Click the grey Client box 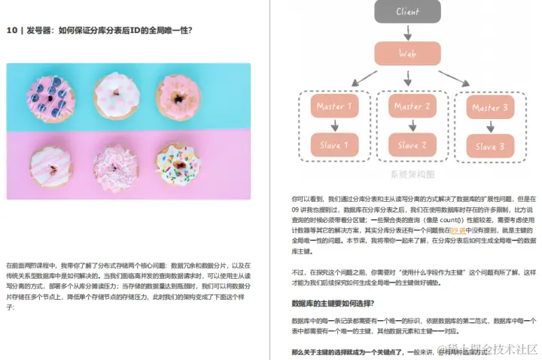coord(407,12)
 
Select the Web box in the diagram coord(407,54)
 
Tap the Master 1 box coord(334,107)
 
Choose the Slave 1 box coord(334,144)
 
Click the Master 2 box coord(407,107)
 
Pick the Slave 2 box coord(407,144)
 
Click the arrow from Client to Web coord(407,32)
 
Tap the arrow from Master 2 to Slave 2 coord(407,126)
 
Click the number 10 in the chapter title coord(11,31)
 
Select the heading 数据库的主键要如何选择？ coord(331,303)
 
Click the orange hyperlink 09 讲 coord(458,230)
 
